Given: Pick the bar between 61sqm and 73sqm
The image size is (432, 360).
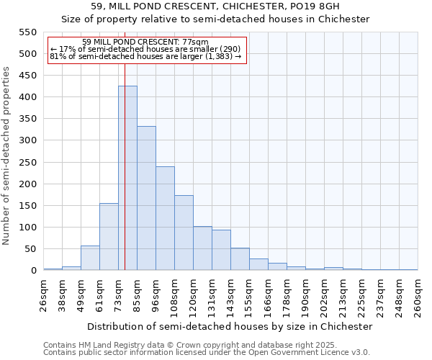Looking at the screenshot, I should coord(109,237).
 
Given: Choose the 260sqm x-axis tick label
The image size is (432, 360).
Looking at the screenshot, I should coord(418,295).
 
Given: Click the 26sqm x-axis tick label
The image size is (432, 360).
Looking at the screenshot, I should coord(43,295).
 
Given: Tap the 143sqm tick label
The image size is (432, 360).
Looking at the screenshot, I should coord(230,295).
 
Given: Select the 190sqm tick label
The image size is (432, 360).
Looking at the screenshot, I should coord(305,295).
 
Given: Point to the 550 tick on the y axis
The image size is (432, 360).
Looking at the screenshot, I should coord(27,32).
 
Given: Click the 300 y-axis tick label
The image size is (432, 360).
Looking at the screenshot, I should coord(27,140).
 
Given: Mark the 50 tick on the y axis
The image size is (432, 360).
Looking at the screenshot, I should coord(30,249).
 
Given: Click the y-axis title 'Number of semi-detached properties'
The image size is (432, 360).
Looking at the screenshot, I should coord(6,156).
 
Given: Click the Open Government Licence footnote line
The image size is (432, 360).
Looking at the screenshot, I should coord(207,352).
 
